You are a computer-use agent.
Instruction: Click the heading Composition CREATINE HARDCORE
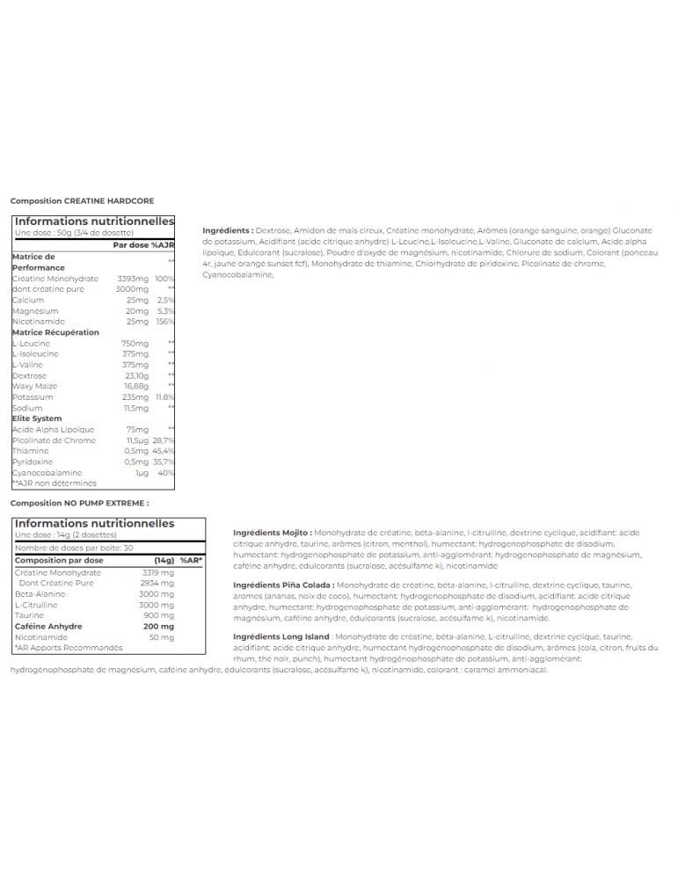pyautogui.click(x=82, y=200)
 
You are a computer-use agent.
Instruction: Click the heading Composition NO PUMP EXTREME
pyautogui.click(x=80, y=504)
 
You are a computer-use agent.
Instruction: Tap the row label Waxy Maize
pyautogui.click(x=34, y=386)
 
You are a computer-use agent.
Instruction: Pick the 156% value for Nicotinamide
pyautogui.click(x=165, y=322)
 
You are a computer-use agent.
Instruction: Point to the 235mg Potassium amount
pyautogui.click(x=135, y=397)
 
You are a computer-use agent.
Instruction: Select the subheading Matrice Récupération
pyautogui.click(x=55, y=332)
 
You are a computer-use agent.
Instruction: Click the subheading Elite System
pyautogui.click(x=36, y=419)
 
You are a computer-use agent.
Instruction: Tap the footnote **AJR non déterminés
pyautogui.click(x=54, y=483)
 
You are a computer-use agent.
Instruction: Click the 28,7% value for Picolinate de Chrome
pyautogui.click(x=164, y=440)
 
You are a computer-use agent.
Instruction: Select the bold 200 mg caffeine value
pyautogui.click(x=163, y=627)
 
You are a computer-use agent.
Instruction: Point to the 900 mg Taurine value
pyautogui.click(x=163, y=615)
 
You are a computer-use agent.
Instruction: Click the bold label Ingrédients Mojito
pyautogui.click(x=270, y=533)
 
